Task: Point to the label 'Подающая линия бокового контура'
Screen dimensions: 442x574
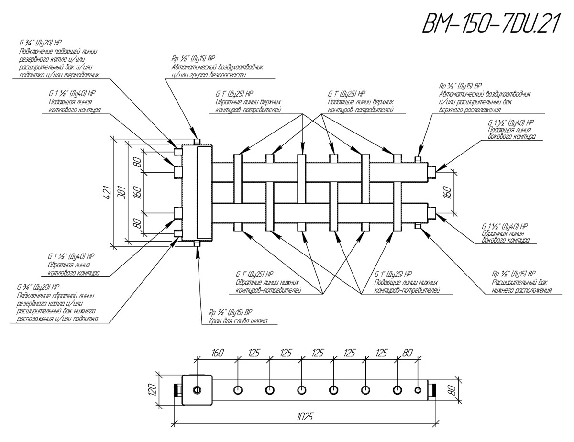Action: pyautogui.click(x=511, y=133)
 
